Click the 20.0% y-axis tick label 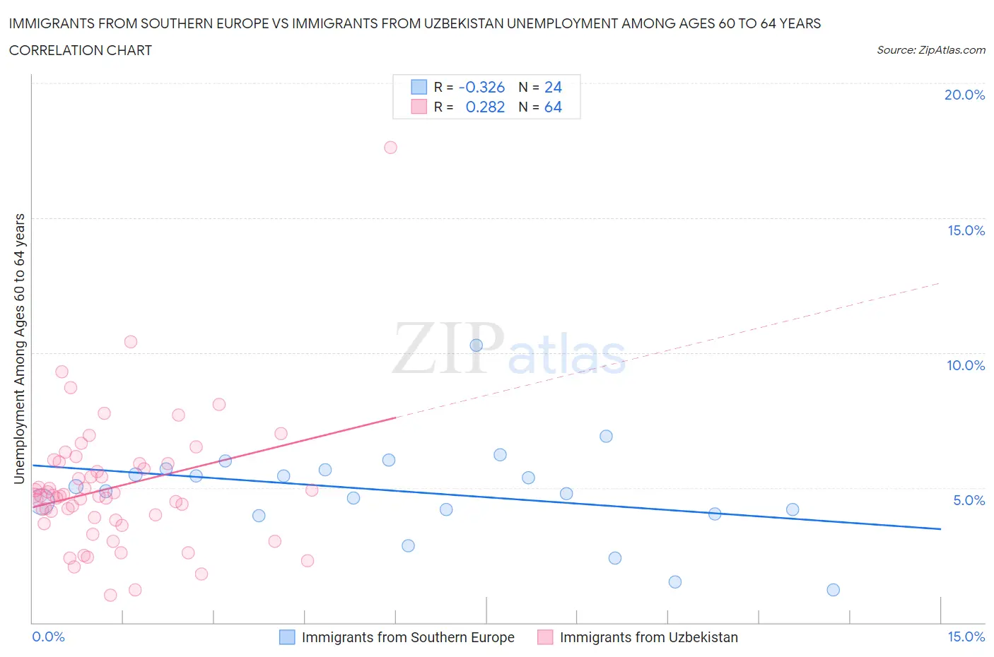tap(964, 95)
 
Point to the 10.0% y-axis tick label tap(965, 365)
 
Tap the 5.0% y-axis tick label tap(969, 500)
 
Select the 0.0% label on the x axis tap(48, 637)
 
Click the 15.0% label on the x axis tap(966, 637)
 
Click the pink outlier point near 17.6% tap(390, 148)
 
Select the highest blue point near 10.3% tap(476, 345)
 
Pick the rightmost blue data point tap(833, 590)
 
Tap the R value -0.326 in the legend tap(481, 88)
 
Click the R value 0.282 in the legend tap(485, 107)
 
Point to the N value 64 tap(553, 107)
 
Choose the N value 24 tap(553, 88)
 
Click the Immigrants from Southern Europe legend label tap(408, 637)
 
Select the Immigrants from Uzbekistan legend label tap(648, 637)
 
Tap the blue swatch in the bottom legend tap(287, 637)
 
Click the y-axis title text tap(19, 349)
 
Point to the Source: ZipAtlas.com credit tap(930, 50)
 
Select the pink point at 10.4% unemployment tap(131, 342)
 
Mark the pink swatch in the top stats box tap(419, 107)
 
